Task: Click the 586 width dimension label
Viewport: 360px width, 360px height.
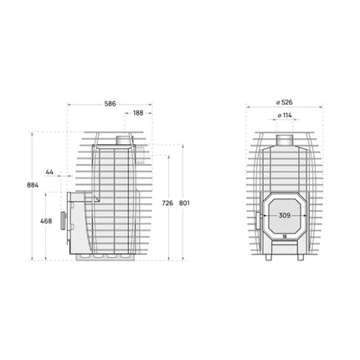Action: coord(110,104)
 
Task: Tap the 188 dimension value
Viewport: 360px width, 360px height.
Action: coord(136,112)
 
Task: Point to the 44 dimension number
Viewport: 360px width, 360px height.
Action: coord(49,172)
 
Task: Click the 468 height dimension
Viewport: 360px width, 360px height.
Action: coord(46,221)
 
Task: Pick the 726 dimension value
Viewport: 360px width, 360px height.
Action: coord(167,203)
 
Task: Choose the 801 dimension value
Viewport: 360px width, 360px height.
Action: coord(185,203)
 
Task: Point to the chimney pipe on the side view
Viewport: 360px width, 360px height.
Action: coord(123,139)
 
